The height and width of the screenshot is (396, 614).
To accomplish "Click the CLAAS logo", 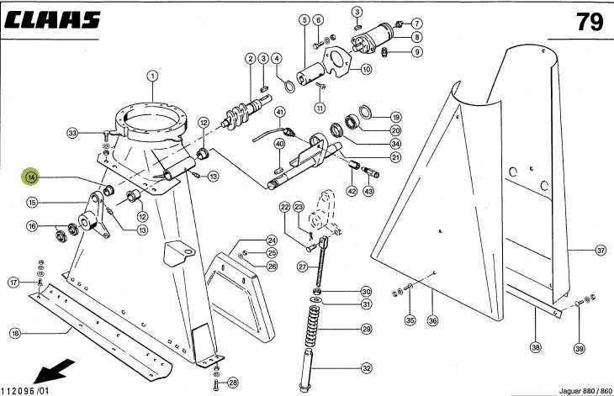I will click(53, 19).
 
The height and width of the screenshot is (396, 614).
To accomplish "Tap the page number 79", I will click(589, 21).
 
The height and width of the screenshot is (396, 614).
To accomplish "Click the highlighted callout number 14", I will click(30, 177).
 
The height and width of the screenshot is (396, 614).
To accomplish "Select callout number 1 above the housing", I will click(152, 75).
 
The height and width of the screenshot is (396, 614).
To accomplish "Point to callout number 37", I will click(600, 250).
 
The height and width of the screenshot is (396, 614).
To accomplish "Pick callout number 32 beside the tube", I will click(367, 368).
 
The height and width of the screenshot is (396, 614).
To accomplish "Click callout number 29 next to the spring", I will click(367, 328).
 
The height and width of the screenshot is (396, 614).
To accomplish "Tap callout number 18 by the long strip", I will click(14, 334).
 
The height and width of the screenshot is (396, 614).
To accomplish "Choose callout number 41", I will click(279, 113).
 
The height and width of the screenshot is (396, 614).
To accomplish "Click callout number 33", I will click(73, 133).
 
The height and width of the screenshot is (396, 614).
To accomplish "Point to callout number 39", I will click(579, 348).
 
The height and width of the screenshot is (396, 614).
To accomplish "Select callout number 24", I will click(272, 240).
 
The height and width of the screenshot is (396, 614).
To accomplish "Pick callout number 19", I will click(395, 117).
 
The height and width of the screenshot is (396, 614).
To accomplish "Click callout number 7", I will click(417, 23).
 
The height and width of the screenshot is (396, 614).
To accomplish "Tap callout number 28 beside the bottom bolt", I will click(233, 382).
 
